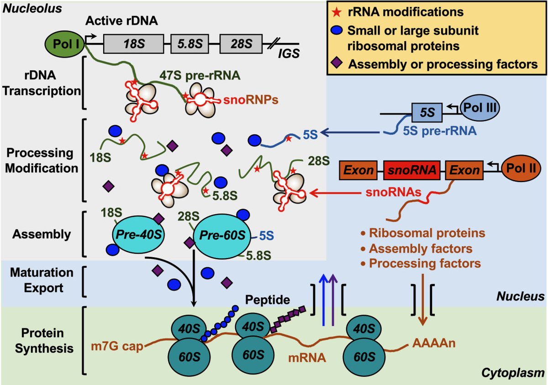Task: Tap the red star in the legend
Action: pos(336,10)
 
